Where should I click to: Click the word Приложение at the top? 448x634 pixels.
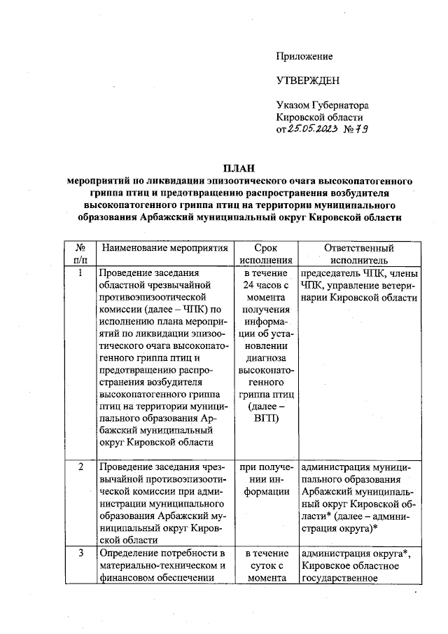pos(304,56)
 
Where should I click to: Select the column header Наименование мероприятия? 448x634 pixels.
pos(164,248)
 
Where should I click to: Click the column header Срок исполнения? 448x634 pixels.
pos(267,254)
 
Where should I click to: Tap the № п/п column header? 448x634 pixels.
pos(81,254)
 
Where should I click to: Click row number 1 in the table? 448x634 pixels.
pos(81,273)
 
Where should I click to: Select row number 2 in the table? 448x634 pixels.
pos(81,467)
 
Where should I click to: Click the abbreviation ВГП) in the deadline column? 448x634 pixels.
pos(267,419)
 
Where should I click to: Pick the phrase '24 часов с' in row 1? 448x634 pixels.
pos(267,284)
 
